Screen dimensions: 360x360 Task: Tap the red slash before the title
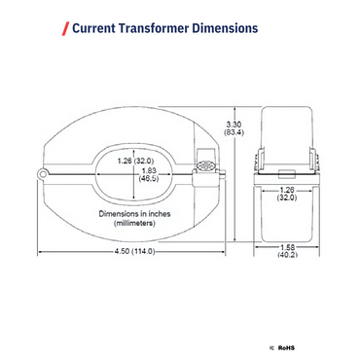[65, 28]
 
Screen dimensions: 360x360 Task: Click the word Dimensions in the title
[225, 28]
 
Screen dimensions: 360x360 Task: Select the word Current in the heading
[95, 28]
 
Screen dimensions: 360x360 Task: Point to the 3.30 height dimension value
[234, 124]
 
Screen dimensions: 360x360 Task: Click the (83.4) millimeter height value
[234, 132]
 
